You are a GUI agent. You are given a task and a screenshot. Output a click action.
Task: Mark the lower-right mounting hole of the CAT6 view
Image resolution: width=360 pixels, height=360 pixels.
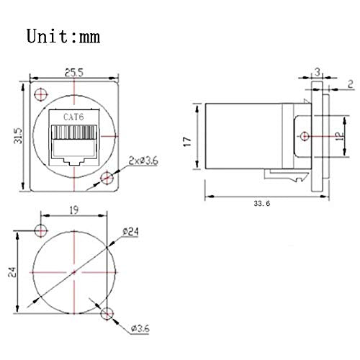coord(108,177)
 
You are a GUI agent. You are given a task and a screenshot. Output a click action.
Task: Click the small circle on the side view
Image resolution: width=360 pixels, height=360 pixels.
coord(305,136)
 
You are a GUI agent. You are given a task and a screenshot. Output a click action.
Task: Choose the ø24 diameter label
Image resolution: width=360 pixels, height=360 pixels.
coord(130,231)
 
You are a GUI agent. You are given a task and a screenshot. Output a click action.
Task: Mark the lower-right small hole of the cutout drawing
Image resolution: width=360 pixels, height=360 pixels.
coord(108,312)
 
